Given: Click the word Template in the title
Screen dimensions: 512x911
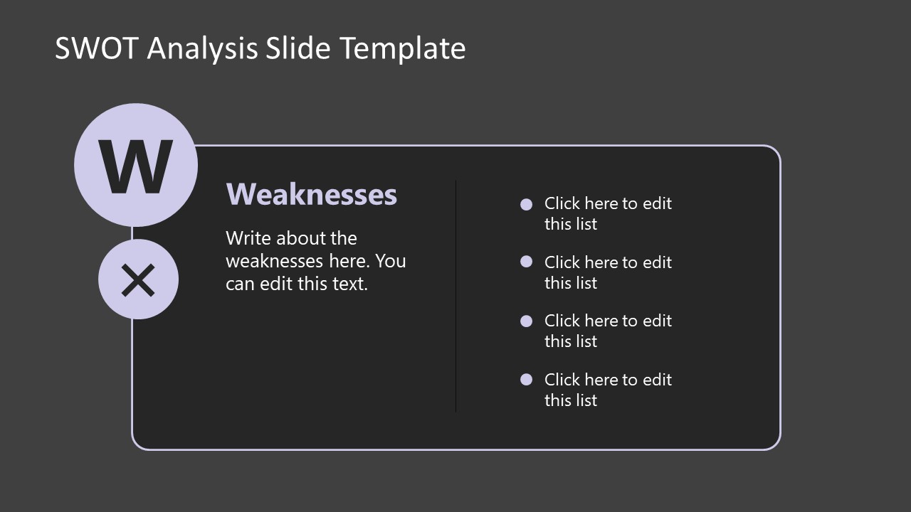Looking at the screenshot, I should click(x=403, y=48).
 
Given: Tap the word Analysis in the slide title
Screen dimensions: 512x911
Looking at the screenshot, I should click(x=203, y=48).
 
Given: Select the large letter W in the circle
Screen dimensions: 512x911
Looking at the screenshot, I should click(x=135, y=166).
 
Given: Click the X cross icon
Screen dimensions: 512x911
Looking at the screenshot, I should click(x=138, y=279).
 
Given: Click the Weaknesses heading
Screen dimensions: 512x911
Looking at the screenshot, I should click(x=311, y=194).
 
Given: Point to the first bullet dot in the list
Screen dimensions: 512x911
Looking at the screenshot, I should click(x=527, y=205).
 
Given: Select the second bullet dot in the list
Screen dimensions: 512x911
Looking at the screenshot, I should click(x=527, y=262).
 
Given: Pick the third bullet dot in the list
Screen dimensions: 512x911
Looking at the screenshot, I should click(x=527, y=321).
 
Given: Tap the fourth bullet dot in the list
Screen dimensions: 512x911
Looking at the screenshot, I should click(x=527, y=380).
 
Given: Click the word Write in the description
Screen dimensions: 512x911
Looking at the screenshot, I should click(x=248, y=238).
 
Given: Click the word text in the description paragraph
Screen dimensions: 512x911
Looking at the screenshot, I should click(x=352, y=284).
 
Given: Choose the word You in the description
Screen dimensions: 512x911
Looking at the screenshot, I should click(x=391, y=261).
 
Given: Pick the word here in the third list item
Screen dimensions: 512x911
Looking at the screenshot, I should click(x=601, y=321).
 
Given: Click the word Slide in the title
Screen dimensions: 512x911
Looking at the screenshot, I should click(x=299, y=48).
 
